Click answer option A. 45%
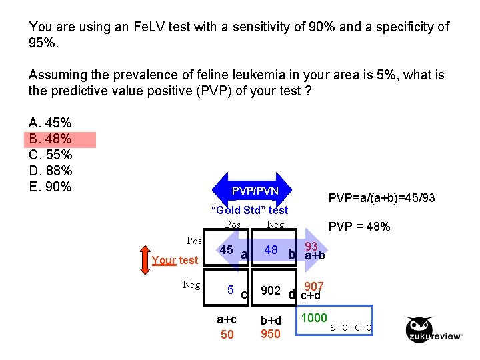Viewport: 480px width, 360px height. point(51,123)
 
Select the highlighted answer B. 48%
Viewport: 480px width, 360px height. point(51,139)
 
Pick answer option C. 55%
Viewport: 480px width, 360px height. point(51,155)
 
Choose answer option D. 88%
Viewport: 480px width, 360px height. point(51,171)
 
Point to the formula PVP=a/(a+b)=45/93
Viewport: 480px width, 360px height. point(382,198)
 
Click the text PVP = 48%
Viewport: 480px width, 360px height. point(359,227)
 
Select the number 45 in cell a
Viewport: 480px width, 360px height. point(227,250)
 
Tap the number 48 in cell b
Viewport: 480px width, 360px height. point(271,250)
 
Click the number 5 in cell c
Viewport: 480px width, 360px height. point(229,290)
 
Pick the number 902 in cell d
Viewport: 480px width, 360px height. point(270,291)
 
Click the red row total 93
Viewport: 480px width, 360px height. point(311,246)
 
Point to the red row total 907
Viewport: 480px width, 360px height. point(314,286)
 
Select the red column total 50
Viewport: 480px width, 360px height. point(227,335)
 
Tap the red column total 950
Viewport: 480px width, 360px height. point(271,334)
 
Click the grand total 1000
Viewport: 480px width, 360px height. point(315,318)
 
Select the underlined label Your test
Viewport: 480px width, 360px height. point(175,260)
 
